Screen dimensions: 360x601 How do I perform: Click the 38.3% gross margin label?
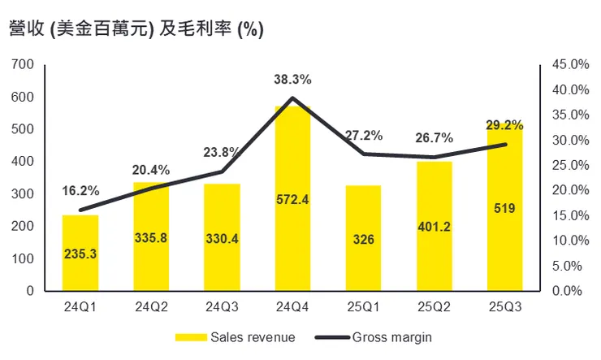[x=292, y=80]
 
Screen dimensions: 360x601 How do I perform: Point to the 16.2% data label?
[x=80, y=191]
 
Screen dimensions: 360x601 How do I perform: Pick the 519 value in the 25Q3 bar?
[x=504, y=210]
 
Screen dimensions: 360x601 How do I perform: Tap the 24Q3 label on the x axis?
[x=222, y=307]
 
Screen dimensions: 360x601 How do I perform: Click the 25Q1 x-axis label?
[x=363, y=307]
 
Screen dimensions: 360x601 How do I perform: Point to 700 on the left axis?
[x=24, y=64]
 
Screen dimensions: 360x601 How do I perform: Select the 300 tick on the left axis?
[x=24, y=193]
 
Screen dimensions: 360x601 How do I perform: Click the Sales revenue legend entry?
[x=235, y=336]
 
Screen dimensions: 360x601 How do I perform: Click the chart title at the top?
[x=134, y=29]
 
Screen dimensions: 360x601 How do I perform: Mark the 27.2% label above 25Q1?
[x=363, y=136]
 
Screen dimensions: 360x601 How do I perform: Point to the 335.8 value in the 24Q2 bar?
[x=151, y=241]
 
